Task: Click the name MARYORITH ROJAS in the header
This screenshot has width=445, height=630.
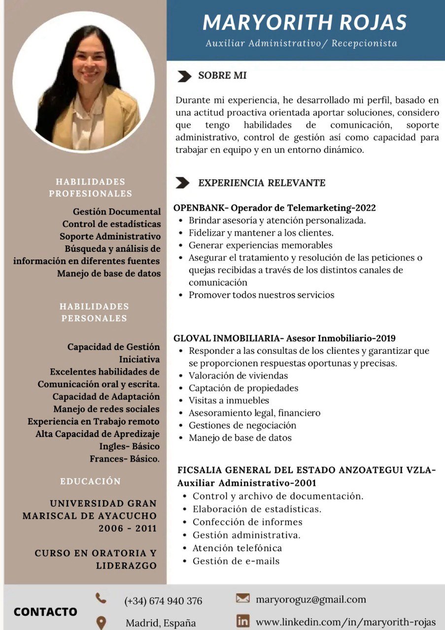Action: (x=305, y=22)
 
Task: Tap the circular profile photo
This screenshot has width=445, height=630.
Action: (x=84, y=81)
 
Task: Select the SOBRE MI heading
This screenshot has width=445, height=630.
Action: (x=222, y=76)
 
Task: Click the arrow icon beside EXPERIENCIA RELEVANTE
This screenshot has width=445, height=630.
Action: (x=183, y=183)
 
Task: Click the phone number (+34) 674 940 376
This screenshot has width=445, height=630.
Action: (x=163, y=601)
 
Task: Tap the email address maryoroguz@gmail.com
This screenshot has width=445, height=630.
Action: (x=311, y=599)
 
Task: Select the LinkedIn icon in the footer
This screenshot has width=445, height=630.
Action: (x=242, y=621)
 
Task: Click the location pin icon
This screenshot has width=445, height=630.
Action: (x=101, y=622)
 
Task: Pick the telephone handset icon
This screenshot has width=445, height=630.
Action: (x=101, y=598)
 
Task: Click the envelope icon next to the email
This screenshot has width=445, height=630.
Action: (x=242, y=598)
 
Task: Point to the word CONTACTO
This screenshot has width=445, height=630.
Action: (x=45, y=612)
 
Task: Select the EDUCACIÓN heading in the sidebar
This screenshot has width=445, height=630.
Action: (x=90, y=481)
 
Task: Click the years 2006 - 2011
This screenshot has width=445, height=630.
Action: (x=127, y=529)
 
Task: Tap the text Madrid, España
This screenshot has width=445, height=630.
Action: (x=161, y=623)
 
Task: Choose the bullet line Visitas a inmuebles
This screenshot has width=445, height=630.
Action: (x=229, y=401)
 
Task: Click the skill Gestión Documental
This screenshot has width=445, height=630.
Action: (x=117, y=212)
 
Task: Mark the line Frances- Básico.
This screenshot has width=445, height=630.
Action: (x=124, y=459)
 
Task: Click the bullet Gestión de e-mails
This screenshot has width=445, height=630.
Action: (x=236, y=561)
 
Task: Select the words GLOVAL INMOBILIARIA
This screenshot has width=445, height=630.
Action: (x=226, y=339)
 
